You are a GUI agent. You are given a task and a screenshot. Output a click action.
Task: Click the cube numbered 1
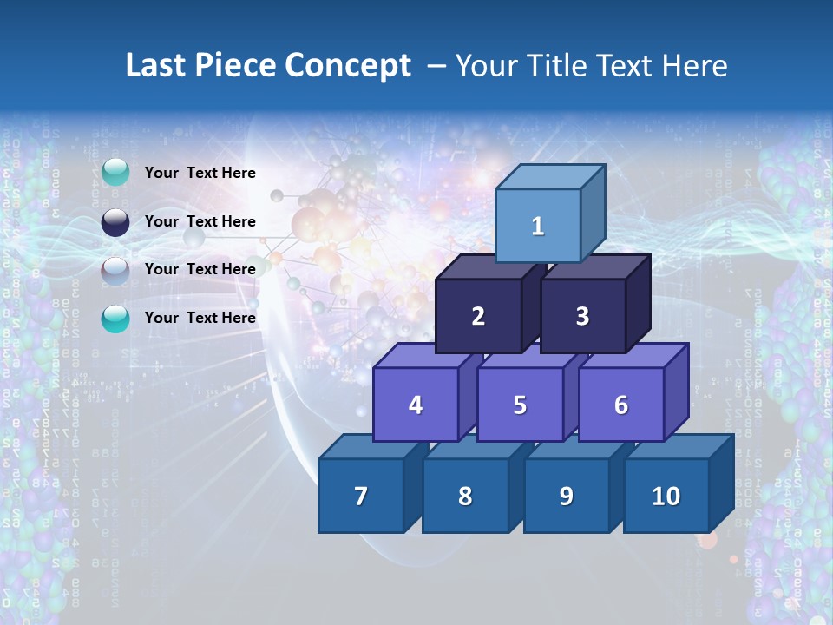pyautogui.click(x=537, y=226)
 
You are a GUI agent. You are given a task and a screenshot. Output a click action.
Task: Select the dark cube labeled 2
pyautogui.click(x=478, y=316)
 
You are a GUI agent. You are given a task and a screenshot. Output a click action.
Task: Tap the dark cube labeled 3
pyautogui.click(x=582, y=316)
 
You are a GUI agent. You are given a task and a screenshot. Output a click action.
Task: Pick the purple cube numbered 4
pyautogui.click(x=416, y=405)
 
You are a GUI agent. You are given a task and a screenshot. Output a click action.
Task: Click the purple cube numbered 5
pyautogui.click(x=520, y=405)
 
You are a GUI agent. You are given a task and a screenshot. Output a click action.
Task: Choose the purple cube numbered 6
pyautogui.click(x=620, y=405)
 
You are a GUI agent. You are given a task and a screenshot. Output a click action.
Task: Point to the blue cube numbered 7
pyautogui.click(x=361, y=496)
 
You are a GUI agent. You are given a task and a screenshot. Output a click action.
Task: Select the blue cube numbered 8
pyautogui.click(x=465, y=496)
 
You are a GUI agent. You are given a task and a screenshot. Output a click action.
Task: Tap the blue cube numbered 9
pyautogui.click(x=566, y=496)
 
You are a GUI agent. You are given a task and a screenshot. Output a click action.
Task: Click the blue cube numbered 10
pyautogui.click(x=666, y=496)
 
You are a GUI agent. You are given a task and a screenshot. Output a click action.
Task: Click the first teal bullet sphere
pyautogui.click(x=115, y=173)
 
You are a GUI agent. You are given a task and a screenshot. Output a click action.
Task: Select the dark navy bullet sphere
pyautogui.click(x=115, y=221)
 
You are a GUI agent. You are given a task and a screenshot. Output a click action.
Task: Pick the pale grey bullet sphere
pyautogui.click(x=115, y=270)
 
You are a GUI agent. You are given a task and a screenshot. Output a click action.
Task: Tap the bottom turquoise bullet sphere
pyautogui.click(x=115, y=319)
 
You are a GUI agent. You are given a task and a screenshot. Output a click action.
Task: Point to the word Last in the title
pyautogui.click(x=158, y=66)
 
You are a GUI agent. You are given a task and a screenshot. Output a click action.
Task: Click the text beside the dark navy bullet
pyautogui.click(x=200, y=221)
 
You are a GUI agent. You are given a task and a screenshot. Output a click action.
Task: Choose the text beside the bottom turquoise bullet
pyautogui.click(x=200, y=318)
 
